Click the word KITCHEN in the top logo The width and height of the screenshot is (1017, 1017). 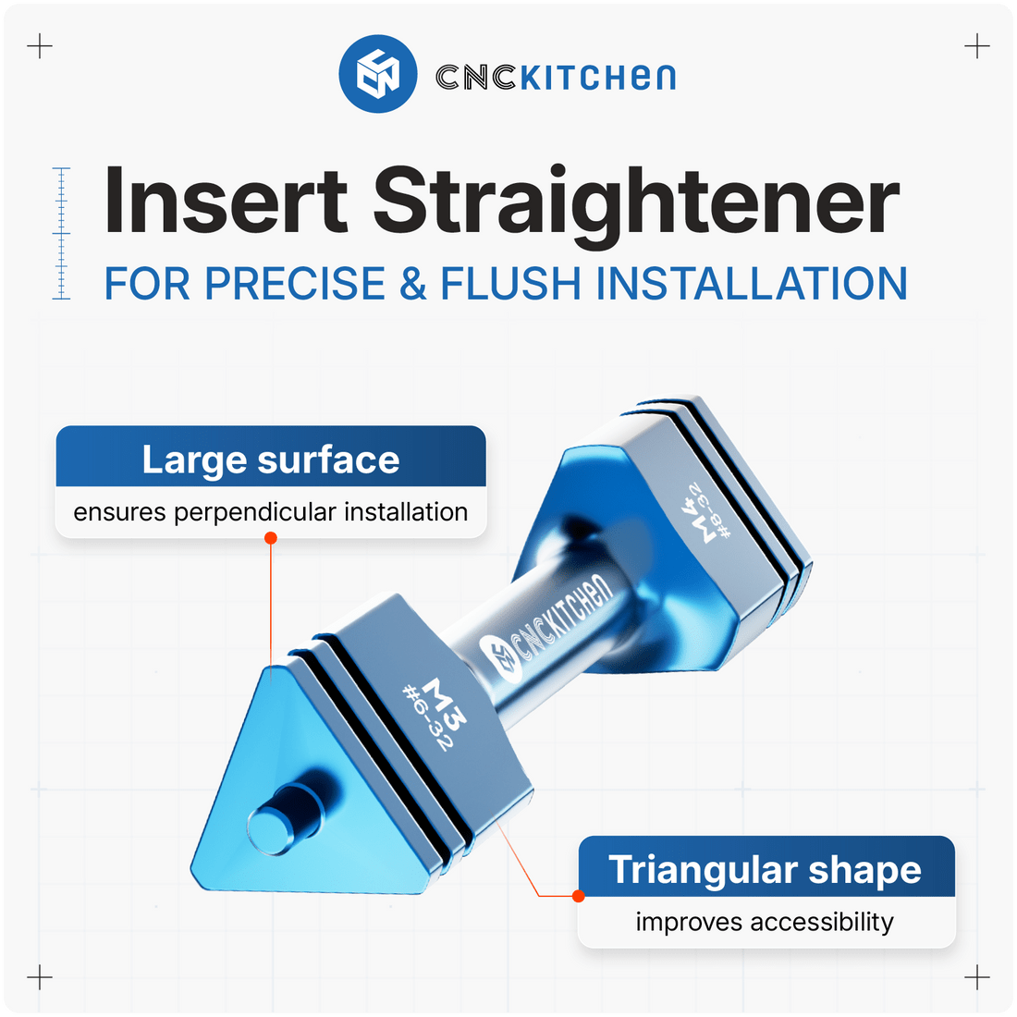598,77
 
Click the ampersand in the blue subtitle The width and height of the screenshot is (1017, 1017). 412,283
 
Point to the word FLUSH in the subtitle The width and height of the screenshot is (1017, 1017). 511,283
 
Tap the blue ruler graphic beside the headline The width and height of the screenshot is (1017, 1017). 62,233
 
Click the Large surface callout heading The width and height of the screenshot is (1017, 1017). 271,459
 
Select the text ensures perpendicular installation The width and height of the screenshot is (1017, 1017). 271,511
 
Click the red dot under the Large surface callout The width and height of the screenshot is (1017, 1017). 271,537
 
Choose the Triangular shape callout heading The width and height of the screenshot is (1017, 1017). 765,870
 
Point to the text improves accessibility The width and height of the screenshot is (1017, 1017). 765,922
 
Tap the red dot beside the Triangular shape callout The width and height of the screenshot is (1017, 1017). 578,895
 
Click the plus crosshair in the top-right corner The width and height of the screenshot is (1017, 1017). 976,46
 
